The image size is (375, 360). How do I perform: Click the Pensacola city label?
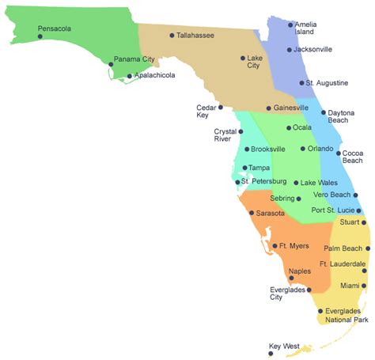tap(55, 28)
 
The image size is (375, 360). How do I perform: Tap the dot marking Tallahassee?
tap(172, 36)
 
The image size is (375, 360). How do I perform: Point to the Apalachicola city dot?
tap(130, 77)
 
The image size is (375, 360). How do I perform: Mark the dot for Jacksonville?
tap(289, 50)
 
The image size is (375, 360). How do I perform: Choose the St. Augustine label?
tap(326, 82)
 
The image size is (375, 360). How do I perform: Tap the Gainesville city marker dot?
tap(269, 108)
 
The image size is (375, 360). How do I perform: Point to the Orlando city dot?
tap(302, 149)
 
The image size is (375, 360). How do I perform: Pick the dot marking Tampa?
tap(244, 168)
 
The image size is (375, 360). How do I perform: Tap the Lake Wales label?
tap(317, 183)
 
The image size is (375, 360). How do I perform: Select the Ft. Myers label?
tap(294, 246)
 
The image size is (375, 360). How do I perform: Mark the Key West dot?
tap(270, 354)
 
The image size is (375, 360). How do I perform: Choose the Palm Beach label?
tap(343, 248)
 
